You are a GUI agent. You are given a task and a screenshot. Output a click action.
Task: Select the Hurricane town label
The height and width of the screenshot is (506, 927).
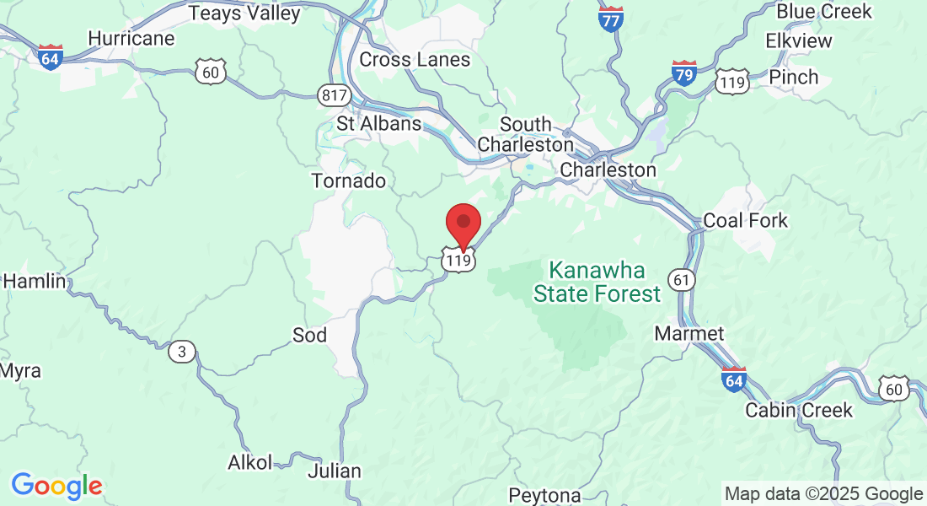point(131,39)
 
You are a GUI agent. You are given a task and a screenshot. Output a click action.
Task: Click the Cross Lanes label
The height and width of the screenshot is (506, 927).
point(415,60)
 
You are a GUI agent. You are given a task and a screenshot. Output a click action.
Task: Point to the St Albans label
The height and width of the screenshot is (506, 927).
point(378,123)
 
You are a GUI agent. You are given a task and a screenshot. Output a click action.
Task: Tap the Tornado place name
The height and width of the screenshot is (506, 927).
point(348,181)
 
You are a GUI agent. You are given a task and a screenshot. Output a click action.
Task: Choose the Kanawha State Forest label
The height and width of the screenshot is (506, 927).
point(597,283)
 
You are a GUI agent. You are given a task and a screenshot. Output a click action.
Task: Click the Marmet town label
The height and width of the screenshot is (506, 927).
point(689,334)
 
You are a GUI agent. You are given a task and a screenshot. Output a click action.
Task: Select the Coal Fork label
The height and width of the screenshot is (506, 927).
point(745,221)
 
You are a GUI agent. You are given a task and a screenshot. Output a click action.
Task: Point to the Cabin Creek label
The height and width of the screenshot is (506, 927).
point(799,411)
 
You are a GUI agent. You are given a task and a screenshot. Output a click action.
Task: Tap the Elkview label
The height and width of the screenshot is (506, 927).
point(798,41)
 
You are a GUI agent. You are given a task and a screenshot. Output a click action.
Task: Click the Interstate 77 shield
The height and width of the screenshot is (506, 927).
point(611,19)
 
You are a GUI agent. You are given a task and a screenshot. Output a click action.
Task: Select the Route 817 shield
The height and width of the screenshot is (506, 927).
point(335,95)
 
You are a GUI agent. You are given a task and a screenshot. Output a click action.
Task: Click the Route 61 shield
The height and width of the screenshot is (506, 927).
point(680,277)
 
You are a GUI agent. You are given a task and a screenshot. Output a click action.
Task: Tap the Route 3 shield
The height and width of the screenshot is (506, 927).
point(181,351)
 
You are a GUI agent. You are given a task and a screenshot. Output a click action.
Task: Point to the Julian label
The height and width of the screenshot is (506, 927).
point(335,471)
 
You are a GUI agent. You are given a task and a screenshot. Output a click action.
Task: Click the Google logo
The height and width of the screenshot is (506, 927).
point(56,486)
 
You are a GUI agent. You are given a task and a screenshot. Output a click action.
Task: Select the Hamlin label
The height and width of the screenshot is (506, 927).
point(34,282)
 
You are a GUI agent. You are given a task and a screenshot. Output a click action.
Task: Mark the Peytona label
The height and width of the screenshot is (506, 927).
point(544,494)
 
